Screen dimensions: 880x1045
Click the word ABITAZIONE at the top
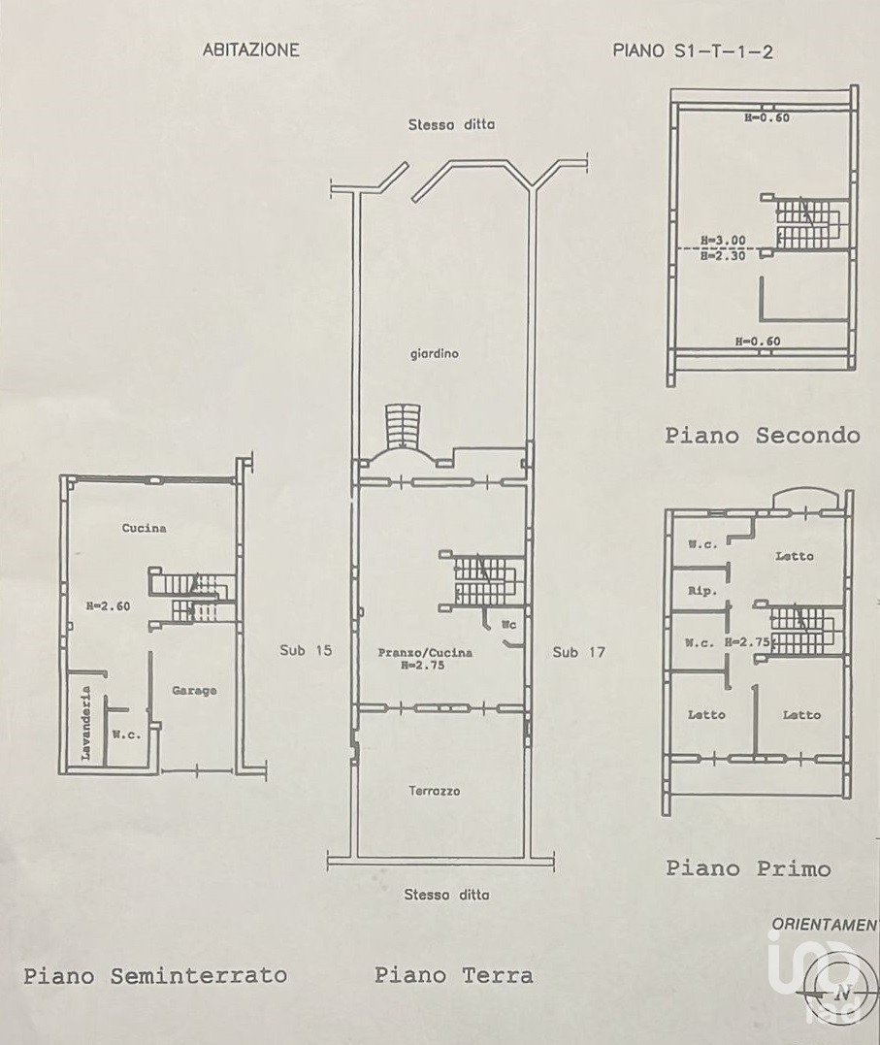[x=250, y=50]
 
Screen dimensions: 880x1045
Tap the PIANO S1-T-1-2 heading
[x=693, y=51]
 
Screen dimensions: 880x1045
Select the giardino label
[x=434, y=354]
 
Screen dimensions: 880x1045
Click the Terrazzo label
[x=435, y=791]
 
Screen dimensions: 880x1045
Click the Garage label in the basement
[x=195, y=691]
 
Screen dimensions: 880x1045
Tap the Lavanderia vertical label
[x=85, y=724]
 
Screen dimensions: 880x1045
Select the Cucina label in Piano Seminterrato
[x=145, y=528]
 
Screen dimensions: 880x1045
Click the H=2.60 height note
[x=108, y=605]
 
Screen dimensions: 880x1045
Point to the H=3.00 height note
[x=724, y=240]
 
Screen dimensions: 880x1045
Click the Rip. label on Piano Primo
[x=702, y=591]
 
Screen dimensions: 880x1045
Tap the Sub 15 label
[x=306, y=650]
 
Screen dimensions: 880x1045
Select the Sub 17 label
[x=578, y=652]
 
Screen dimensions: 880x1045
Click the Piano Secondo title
[x=762, y=436]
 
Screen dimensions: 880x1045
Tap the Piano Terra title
[x=453, y=976]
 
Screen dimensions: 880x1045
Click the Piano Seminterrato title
[x=155, y=976]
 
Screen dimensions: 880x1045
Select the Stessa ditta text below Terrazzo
[x=446, y=895]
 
